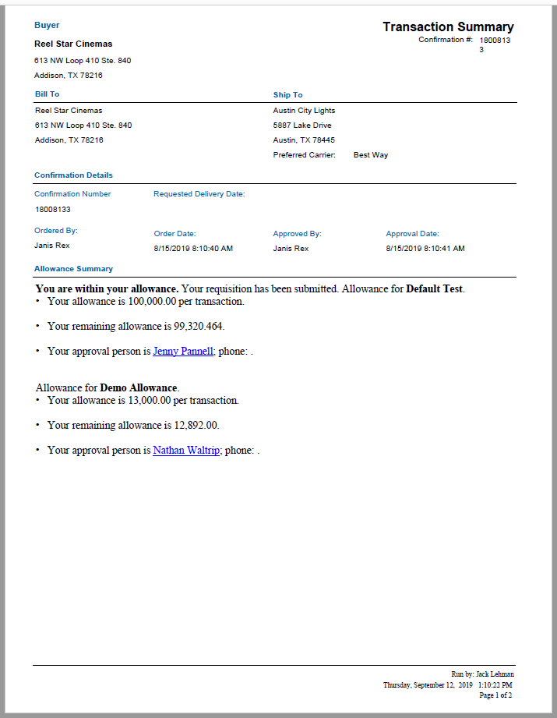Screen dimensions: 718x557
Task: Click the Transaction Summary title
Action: [448, 27]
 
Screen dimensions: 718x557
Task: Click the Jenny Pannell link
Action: [183, 351]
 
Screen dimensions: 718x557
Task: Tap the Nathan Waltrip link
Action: [186, 450]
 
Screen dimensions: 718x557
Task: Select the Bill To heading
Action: [47, 94]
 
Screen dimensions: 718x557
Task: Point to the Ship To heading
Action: [287, 95]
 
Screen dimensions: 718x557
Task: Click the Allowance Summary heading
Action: [73, 269]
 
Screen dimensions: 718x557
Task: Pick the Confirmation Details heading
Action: [73, 175]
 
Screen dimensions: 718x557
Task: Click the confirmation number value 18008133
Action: [53, 210]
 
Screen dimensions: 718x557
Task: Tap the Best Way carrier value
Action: [370, 155]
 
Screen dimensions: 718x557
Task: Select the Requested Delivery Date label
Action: [199, 194]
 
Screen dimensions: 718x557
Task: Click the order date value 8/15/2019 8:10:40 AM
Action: [193, 249]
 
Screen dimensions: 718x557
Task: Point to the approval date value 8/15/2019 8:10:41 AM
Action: [425, 249]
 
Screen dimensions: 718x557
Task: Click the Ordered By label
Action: [56, 231]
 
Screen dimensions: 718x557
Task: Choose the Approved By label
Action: [297, 234]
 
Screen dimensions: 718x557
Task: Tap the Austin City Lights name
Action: [304, 111]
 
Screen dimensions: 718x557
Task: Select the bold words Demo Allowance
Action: [139, 387]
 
